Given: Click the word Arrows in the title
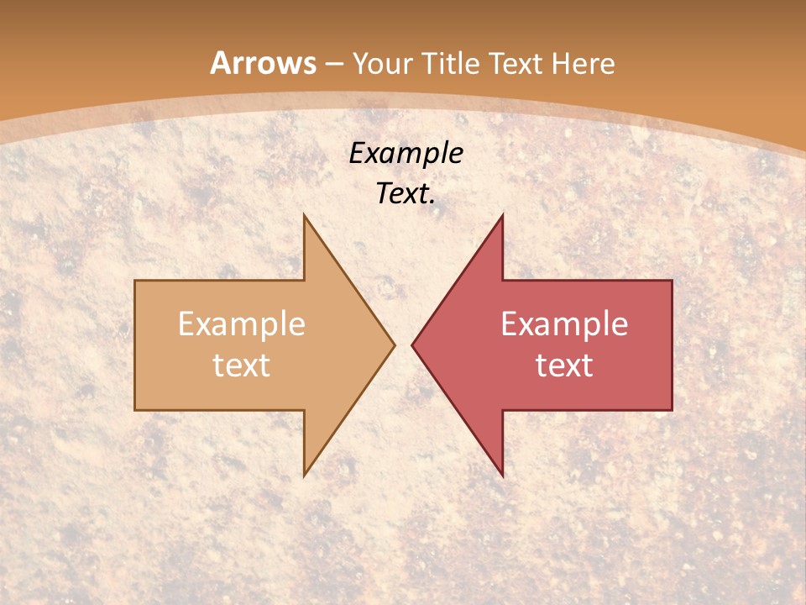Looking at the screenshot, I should pyautogui.click(x=263, y=63).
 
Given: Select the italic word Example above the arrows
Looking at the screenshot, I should pyautogui.click(x=406, y=153).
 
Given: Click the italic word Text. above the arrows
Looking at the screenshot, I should pyautogui.click(x=406, y=194).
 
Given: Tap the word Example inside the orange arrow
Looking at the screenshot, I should pyautogui.click(x=242, y=324).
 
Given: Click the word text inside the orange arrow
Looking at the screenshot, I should pyautogui.click(x=242, y=365).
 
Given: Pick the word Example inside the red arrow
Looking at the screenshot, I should pyautogui.click(x=564, y=324).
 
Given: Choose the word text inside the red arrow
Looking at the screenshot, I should pyautogui.click(x=564, y=365).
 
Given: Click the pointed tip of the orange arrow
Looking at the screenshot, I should pyautogui.click(x=394, y=345).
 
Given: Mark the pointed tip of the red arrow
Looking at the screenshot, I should pyautogui.click(x=412, y=345).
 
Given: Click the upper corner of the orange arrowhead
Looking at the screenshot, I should pyautogui.click(x=304, y=215).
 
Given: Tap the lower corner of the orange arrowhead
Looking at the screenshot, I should pyautogui.click(x=304, y=476).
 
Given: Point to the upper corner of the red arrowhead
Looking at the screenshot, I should pyautogui.click(x=502, y=215).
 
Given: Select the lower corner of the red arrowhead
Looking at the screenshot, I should pyautogui.click(x=502, y=476).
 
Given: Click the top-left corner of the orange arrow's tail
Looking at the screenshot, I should pyautogui.click(x=135, y=281).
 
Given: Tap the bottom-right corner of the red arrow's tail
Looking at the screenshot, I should pyautogui.click(x=672, y=410).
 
